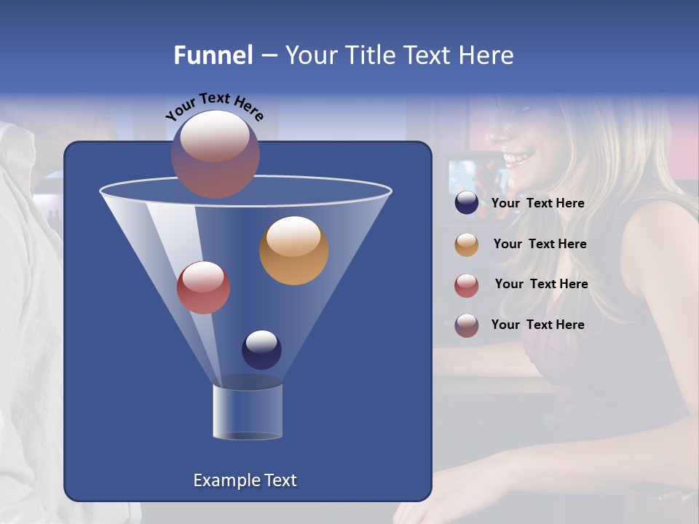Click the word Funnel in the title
pos(213,55)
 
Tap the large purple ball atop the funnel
pos(216,154)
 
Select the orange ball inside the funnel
pos(293,250)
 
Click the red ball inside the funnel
pos(204,287)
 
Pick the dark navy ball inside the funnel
pos(261,349)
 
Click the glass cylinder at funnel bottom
pos(247,411)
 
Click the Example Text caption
pos(245,480)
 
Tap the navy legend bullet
pos(467,203)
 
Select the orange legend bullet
pos(467,245)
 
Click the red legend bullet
pos(467,285)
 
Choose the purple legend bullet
pos(467,325)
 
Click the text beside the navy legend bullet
pos(537,203)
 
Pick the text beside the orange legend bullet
pos(540,244)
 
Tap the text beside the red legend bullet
pos(541,284)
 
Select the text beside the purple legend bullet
pos(537,325)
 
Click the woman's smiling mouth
pos(518,156)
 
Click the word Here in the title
pos(487,55)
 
